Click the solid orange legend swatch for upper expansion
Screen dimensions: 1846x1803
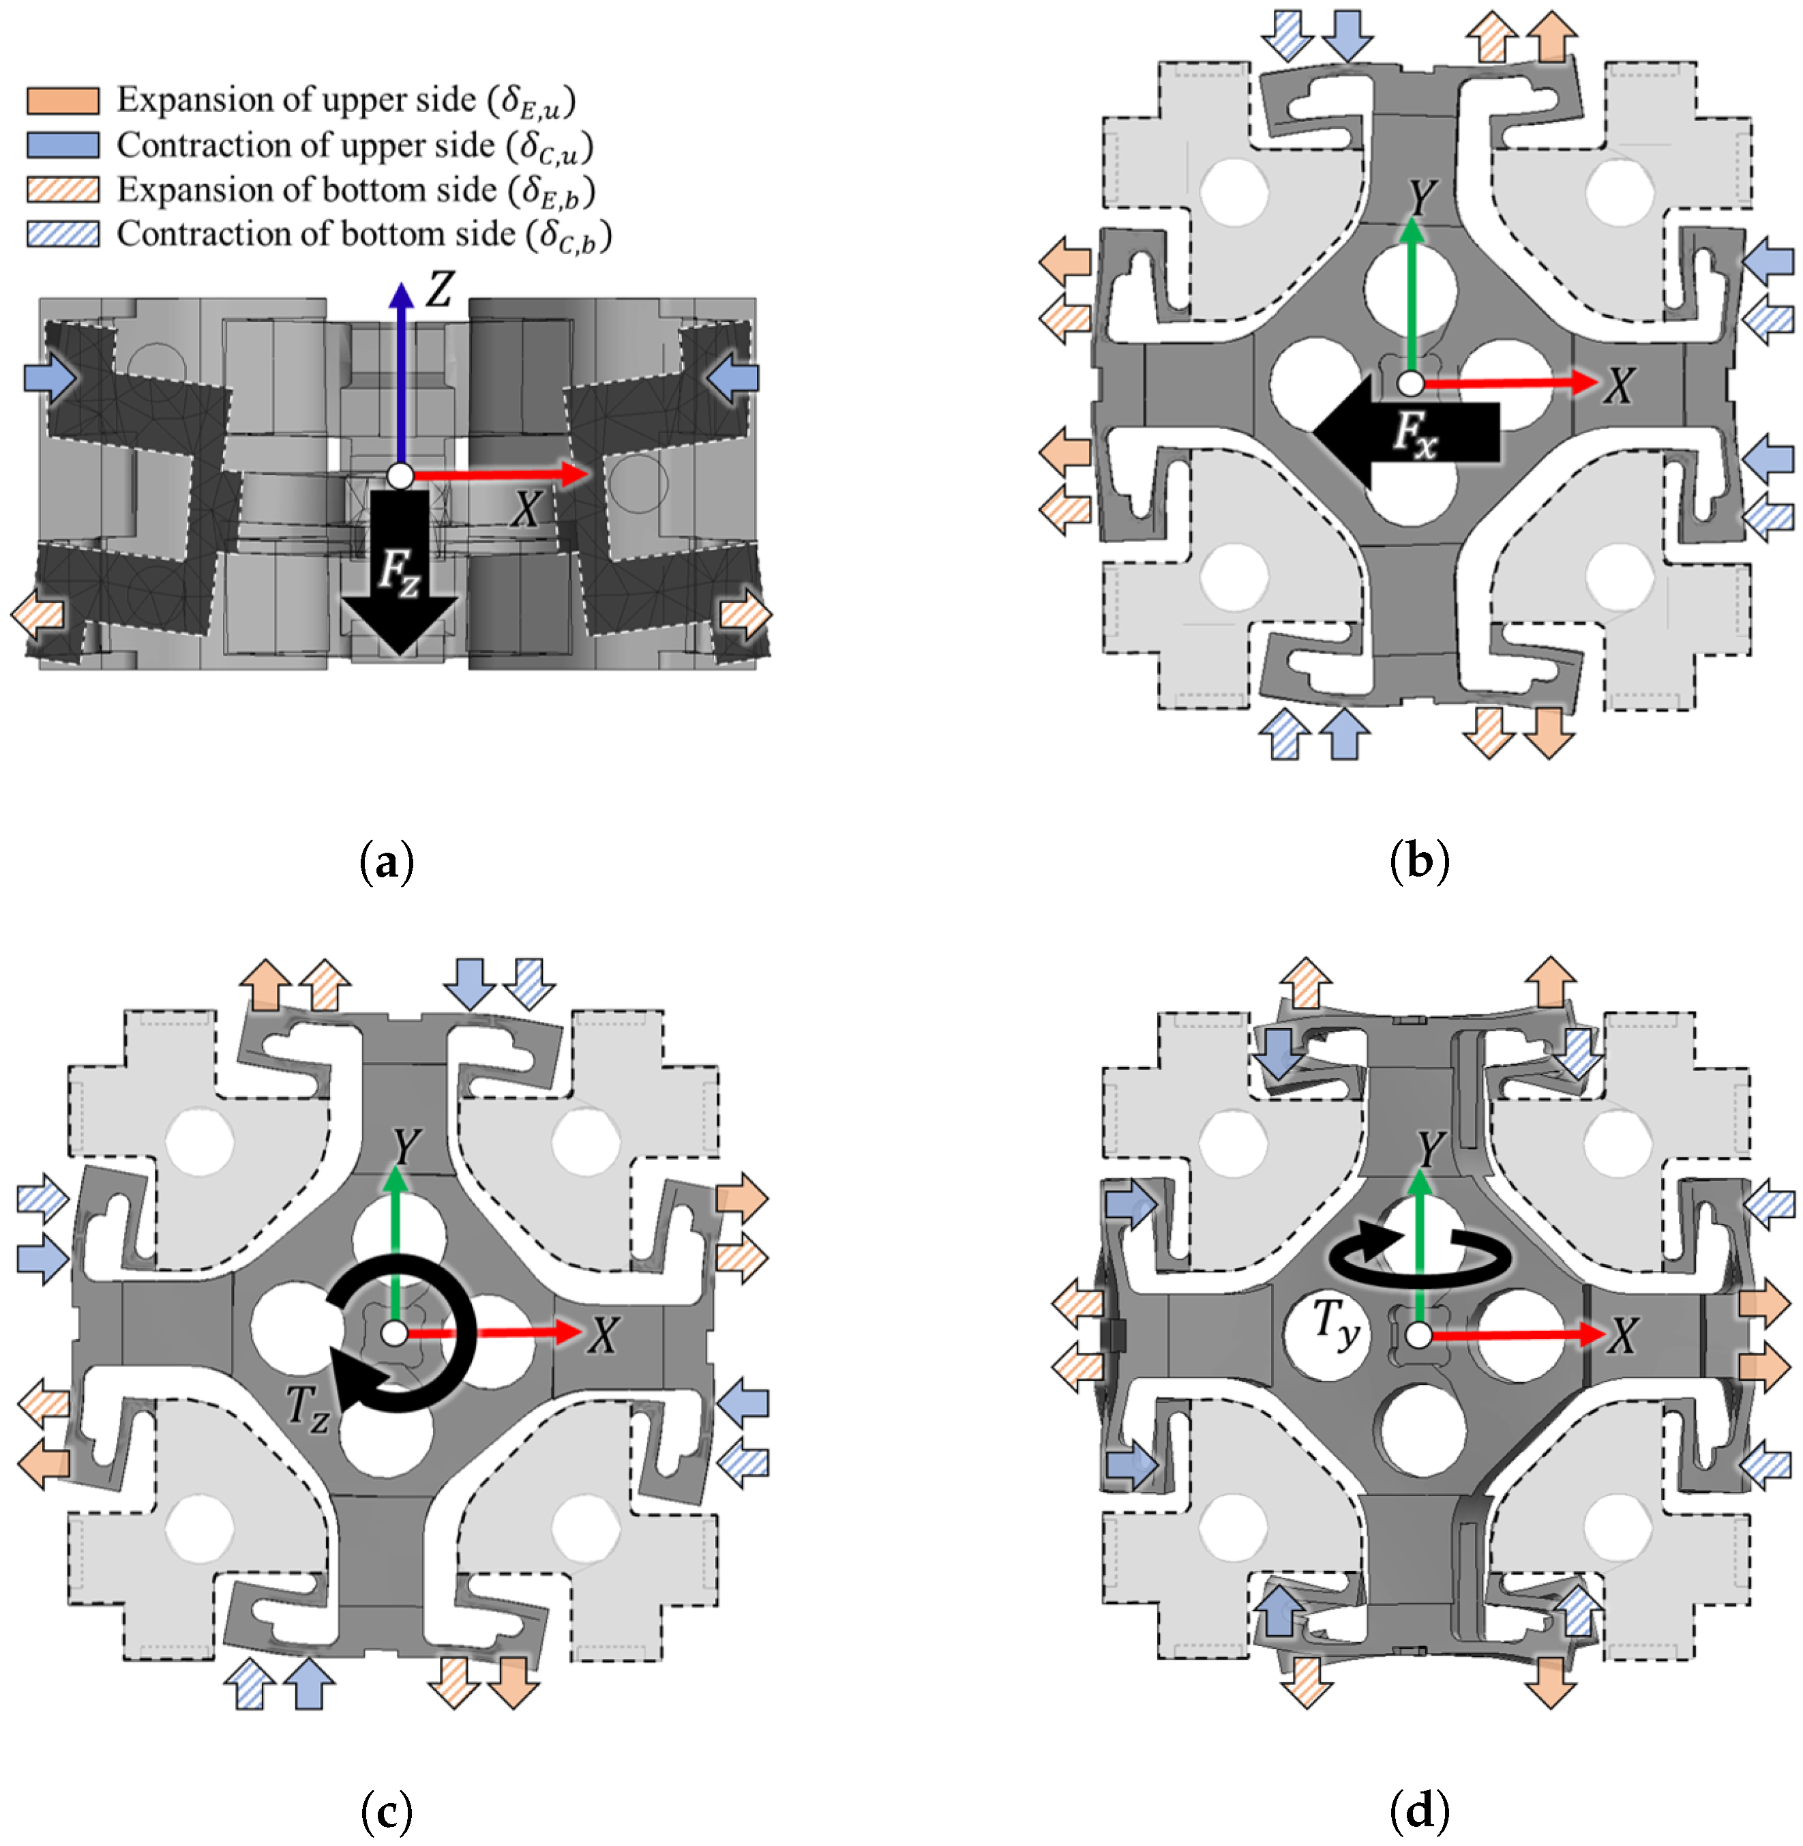[63, 100]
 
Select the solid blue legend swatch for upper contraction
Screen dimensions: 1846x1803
[63, 145]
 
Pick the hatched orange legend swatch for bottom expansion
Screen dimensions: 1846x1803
[63, 190]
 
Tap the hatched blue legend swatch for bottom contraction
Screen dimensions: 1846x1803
[63, 234]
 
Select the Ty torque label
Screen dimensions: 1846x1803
[1336, 1322]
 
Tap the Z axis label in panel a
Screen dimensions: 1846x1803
[439, 289]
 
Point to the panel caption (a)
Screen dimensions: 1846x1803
[387, 863]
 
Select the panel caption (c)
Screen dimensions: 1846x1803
[387, 1813]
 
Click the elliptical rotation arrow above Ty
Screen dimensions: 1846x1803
[1420, 1256]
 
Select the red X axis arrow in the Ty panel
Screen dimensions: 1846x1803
[1515, 1336]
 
